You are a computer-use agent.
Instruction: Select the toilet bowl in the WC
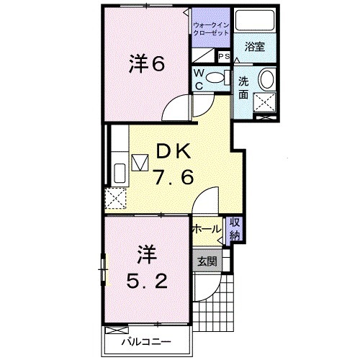213,79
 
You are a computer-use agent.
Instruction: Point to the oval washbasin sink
268,80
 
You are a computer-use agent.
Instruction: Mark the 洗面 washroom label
245,87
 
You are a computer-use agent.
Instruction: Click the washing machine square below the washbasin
267,105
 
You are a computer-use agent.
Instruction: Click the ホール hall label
207,229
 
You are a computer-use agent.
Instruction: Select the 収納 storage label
235,230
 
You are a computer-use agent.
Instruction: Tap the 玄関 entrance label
207,261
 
